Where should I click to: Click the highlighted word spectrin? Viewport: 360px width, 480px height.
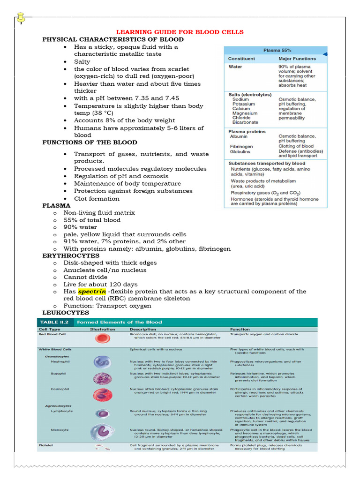coord(92,291)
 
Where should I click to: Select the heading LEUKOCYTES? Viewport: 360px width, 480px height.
coord(66,312)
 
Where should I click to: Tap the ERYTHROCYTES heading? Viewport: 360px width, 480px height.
coord(71,255)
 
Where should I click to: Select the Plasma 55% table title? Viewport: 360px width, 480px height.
coord(275,50)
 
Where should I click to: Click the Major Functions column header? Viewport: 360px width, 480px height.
coord(297,59)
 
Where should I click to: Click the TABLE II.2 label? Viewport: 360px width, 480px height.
coord(53,322)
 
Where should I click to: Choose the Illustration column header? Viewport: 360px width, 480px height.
coord(102,329)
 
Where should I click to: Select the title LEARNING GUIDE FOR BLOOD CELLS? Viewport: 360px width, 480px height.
coord(180,32)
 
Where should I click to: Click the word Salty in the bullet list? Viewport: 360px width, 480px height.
coord(82,61)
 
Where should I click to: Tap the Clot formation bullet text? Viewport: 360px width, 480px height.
coord(97,198)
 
